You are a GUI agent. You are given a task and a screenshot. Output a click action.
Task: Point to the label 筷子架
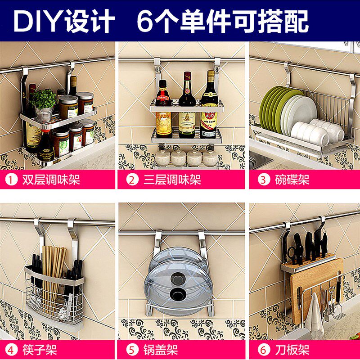[40, 350]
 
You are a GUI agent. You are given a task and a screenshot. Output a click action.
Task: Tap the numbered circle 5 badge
[131, 350]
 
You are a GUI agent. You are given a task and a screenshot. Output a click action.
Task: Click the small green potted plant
[44, 100]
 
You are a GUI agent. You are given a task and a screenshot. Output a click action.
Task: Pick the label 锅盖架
[161, 350]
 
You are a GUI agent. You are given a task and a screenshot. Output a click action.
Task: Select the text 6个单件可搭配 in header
[223, 21]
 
